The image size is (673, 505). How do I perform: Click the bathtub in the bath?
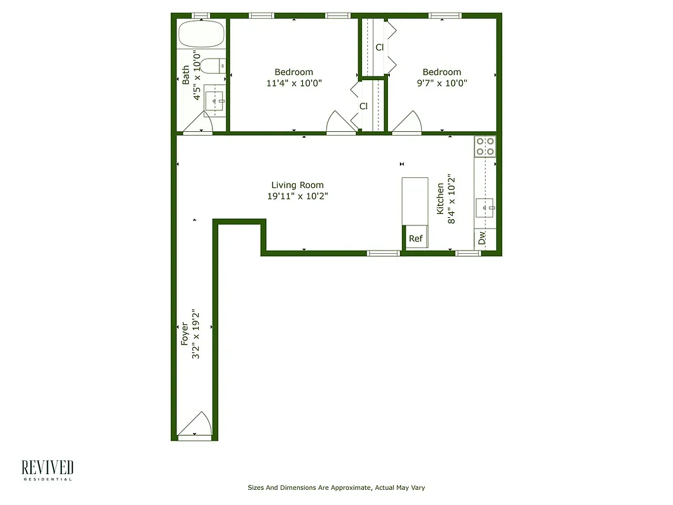(x=201, y=35)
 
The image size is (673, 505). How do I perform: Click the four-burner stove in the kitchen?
(x=485, y=146)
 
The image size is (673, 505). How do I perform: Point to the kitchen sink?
(x=485, y=208)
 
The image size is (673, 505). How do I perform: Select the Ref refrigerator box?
(x=415, y=238)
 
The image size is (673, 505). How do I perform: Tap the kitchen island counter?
(x=415, y=201)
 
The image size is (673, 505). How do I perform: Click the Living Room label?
(x=297, y=185)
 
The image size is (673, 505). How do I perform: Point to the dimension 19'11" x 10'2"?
(x=297, y=196)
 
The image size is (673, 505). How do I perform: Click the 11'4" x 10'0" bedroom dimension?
(x=293, y=83)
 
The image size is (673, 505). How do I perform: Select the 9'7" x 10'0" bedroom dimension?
(x=442, y=83)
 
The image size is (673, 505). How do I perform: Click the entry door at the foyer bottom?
(x=194, y=425)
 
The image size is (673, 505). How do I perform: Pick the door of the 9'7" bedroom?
(x=407, y=123)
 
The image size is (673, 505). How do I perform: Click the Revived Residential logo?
(x=47, y=470)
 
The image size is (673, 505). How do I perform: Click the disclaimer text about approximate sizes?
(x=339, y=487)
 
